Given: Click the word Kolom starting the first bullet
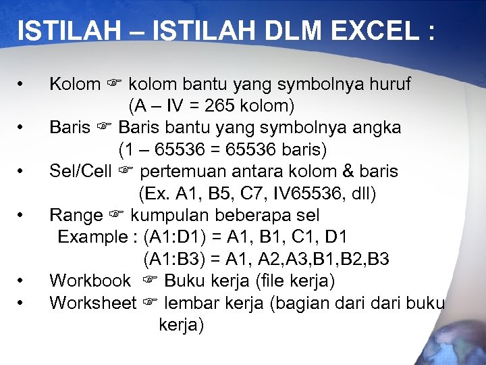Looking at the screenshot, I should click(x=75, y=84).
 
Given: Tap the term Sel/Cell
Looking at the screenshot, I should click(x=80, y=171).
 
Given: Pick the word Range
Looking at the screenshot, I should click(x=76, y=215).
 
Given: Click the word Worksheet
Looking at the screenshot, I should click(x=92, y=302).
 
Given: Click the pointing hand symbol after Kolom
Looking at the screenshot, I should click(x=113, y=84).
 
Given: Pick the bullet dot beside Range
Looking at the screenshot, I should click(x=22, y=216).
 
